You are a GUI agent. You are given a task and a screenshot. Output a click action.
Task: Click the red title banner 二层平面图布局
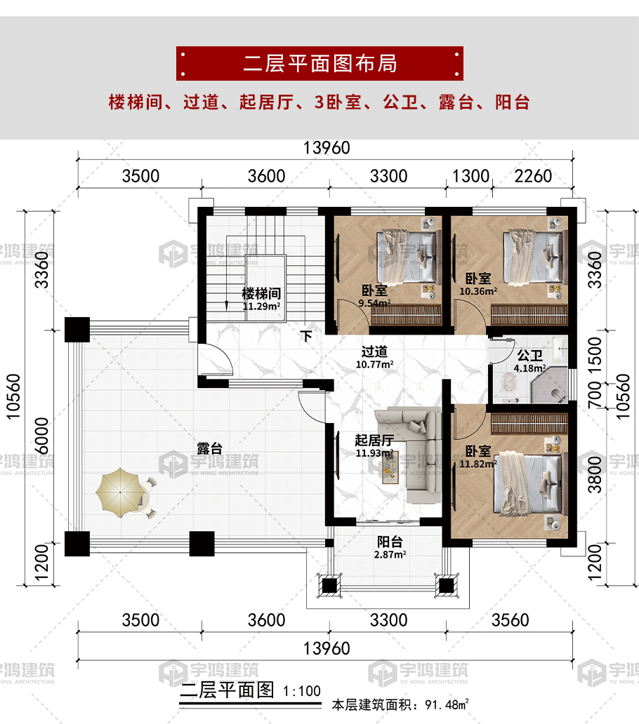(319, 63)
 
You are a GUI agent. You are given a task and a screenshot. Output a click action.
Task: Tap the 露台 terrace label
(210, 448)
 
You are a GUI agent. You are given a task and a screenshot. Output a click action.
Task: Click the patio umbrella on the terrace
(120, 492)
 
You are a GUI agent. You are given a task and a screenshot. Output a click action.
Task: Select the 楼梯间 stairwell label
(261, 293)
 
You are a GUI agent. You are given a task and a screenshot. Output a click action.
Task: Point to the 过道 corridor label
(374, 352)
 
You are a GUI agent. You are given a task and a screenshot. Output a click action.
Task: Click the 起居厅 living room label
(374, 441)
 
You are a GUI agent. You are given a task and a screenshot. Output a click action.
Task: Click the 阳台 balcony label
(390, 542)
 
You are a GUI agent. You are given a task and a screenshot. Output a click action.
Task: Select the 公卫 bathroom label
(529, 356)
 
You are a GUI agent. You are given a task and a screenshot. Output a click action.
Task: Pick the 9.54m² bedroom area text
(375, 303)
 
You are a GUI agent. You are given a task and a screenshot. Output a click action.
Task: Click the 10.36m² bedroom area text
(478, 291)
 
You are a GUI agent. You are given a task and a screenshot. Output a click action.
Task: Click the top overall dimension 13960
(327, 148)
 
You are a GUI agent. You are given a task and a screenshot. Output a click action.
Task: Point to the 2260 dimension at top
(533, 176)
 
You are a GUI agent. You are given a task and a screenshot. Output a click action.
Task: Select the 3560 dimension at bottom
(510, 620)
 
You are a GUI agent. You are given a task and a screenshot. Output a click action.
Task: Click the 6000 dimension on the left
(41, 436)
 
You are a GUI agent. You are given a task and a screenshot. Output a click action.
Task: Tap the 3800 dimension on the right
(595, 474)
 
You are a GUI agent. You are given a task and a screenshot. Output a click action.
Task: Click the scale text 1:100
(302, 691)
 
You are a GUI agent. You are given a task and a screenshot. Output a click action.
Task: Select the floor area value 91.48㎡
(447, 704)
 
